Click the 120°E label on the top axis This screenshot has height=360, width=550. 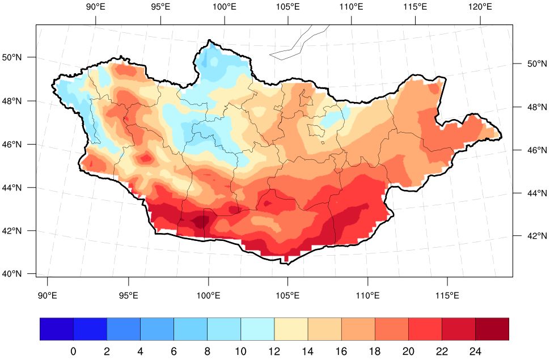[x=480, y=7]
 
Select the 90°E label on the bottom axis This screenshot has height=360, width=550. [x=47, y=295]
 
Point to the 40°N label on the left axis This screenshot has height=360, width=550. [x=13, y=274]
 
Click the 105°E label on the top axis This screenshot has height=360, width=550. [x=288, y=7]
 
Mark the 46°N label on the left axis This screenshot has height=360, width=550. [x=13, y=145]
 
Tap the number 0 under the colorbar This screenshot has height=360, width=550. [x=73, y=351]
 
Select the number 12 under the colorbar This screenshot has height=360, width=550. [x=274, y=351]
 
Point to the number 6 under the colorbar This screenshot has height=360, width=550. [x=174, y=351]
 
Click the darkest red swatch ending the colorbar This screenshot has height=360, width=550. [x=492, y=329]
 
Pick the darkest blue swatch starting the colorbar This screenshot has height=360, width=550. [x=57, y=329]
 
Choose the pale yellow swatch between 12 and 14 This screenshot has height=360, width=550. [x=291, y=329]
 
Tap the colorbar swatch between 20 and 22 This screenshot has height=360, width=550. [x=425, y=329]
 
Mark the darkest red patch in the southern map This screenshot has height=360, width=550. [x=199, y=220]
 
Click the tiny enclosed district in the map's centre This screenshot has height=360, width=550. [x=315, y=130]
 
